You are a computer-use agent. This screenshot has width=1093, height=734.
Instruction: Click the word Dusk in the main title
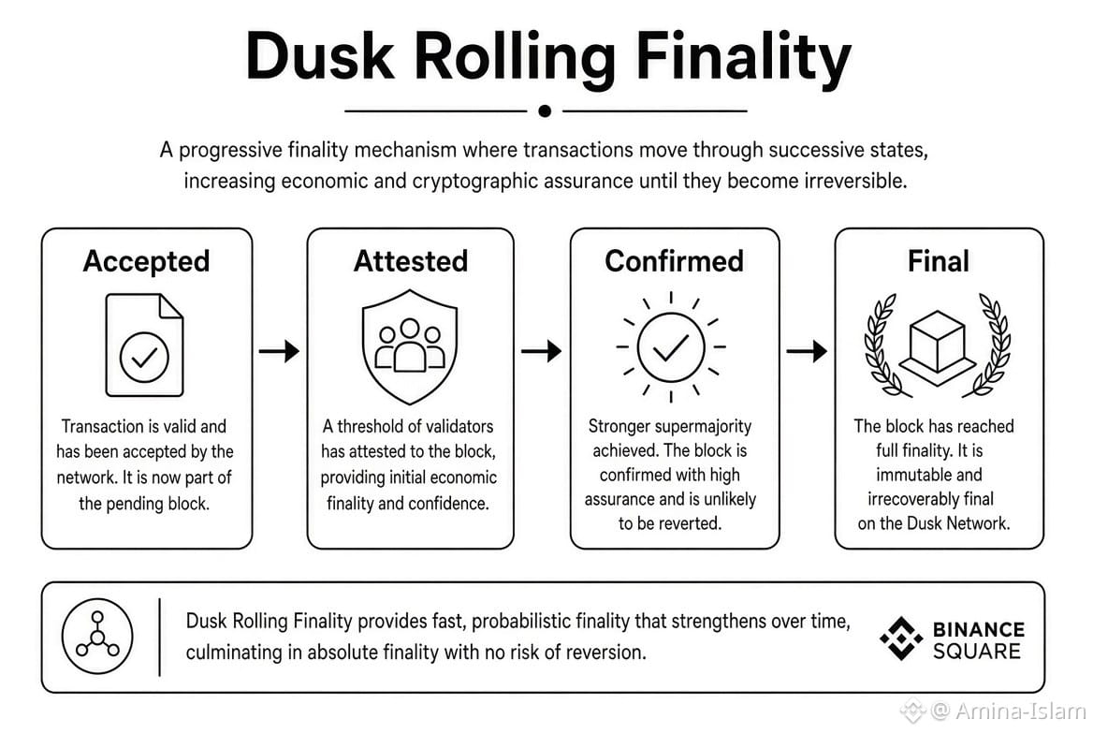click(320, 56)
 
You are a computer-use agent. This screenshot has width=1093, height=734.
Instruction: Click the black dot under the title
click(546, 110)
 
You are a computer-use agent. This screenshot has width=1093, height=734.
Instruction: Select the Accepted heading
click(146, 261)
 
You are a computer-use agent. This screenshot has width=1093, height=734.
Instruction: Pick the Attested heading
click(411, 261)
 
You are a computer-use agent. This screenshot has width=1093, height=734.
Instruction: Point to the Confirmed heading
click(674, 261)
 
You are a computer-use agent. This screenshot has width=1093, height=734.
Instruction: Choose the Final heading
click(939, 261)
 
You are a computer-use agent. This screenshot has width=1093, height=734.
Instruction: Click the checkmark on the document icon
click(144, 358)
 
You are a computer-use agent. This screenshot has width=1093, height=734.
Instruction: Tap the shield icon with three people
click(410, 346)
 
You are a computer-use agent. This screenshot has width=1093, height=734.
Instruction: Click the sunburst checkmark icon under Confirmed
click(671, 346)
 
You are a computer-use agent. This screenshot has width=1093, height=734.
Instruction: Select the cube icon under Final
click(938, 346)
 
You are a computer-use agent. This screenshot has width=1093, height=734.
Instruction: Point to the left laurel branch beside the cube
click(881, 346)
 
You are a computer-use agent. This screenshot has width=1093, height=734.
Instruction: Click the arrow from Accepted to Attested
click(279, 350)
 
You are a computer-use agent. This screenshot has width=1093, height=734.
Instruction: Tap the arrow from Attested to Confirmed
click(542, 350)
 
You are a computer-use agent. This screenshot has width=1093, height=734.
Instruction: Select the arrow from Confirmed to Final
click(807, 350)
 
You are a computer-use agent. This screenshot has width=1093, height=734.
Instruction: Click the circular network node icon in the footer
click(97, 636)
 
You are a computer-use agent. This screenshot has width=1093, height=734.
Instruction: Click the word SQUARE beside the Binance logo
click(977, 652)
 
